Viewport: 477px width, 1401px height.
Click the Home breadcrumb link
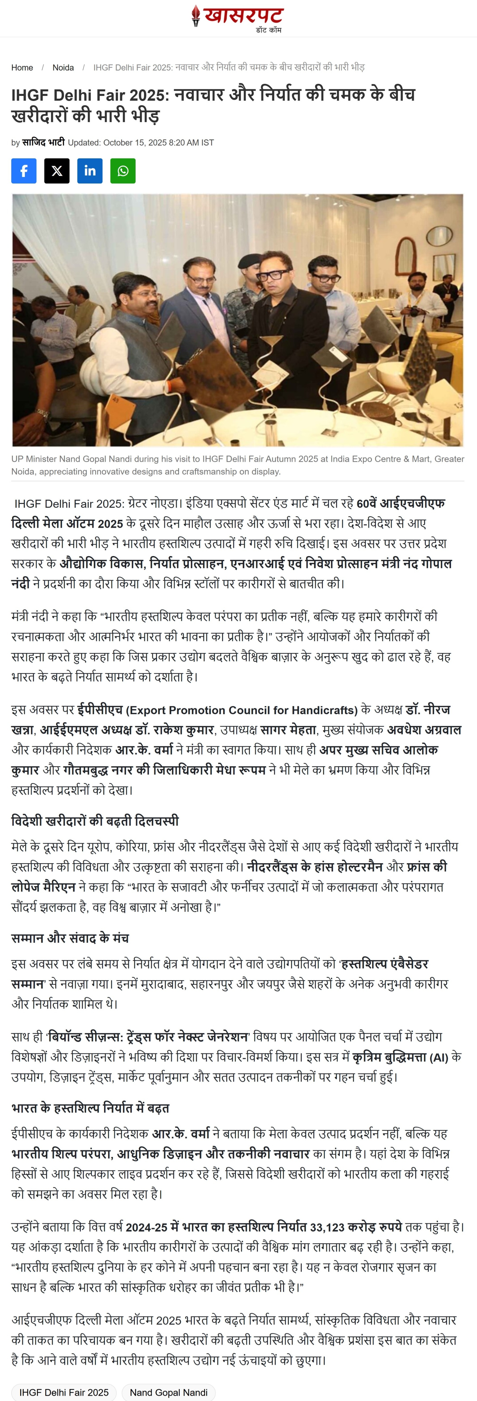pos(22,68)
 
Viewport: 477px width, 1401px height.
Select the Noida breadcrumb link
pos(63,68)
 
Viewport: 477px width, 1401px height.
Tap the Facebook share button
pos(24,171)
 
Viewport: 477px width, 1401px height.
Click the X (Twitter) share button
pos(57,171)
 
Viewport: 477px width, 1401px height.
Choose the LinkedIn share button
pos(90,171)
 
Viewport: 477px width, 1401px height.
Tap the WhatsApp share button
pos(123,171)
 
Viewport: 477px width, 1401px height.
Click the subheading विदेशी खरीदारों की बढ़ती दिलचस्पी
pos(95,821)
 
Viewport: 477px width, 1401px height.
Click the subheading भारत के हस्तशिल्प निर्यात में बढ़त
pos(90,1108)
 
